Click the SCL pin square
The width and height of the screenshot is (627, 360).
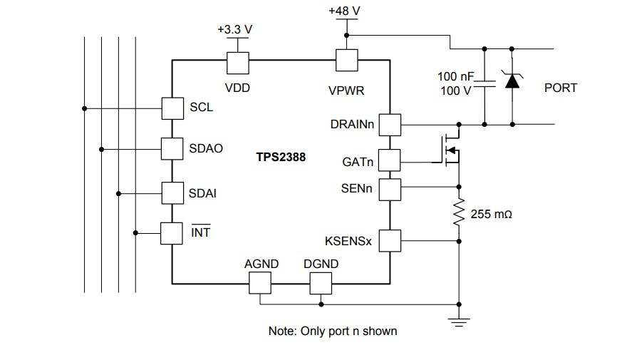point(172,108)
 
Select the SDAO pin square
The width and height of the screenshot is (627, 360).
point(172,149)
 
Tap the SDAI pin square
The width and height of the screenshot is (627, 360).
point(172,192)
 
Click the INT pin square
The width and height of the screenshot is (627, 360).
point(172,232)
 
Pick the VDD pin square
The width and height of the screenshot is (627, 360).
point(237,62)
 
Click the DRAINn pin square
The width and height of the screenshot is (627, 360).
point(390,125)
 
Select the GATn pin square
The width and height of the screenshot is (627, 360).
point(390,161)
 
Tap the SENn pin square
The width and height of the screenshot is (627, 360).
point(390,189)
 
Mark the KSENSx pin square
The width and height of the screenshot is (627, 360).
point(390,241)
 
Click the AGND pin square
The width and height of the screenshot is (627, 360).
point(260,284)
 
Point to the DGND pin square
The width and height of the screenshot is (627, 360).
point(321,284)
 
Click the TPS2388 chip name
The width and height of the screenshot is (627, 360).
point(281,157)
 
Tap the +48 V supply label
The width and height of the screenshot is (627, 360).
point(346,11)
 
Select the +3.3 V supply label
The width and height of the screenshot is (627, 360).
point(237,31)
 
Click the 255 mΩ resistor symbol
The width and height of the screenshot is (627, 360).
point(459,213)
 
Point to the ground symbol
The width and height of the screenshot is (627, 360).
point(459,321)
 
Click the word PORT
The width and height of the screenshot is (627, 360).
point(560,88)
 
